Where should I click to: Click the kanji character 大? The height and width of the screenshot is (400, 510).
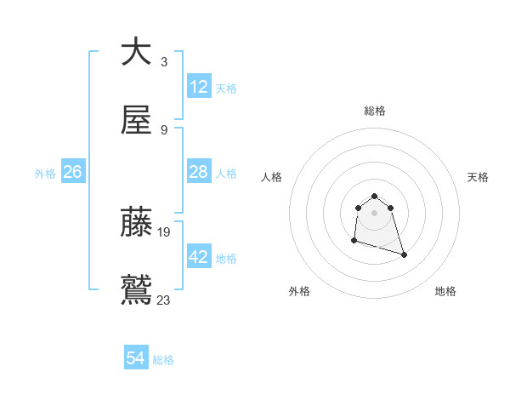coord(136,51)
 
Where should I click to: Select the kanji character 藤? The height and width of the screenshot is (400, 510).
coord(136,221)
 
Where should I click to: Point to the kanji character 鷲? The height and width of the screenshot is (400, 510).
coord(136,290)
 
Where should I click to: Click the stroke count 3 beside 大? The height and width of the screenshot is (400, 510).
coord(163,61)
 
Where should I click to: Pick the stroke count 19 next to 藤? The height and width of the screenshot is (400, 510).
coord(164,231)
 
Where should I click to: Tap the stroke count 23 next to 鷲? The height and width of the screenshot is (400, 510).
coord(164,300)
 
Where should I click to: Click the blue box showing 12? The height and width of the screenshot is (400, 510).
coord(199,87)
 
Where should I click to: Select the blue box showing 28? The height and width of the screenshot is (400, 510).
coord(199,172)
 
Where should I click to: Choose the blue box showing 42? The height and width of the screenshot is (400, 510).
coord(199,257)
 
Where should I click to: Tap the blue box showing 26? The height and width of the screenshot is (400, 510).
coord(72,172)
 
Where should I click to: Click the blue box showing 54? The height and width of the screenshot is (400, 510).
coord(136,358)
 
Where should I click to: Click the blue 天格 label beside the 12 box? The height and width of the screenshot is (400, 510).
coord(226,88)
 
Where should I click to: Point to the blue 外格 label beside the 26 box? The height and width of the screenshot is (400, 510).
coord(45,173)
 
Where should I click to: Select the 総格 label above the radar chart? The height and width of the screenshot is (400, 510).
coord(375,111)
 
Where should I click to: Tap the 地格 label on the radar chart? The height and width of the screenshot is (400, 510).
coord(445,291)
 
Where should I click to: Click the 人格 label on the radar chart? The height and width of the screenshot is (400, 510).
coord(272,177)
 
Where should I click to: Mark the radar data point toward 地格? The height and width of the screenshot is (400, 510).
coord(404,254)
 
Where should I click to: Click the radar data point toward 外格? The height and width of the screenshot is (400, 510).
coord(354,241)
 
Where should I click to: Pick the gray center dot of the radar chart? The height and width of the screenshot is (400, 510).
coord(375,212)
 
